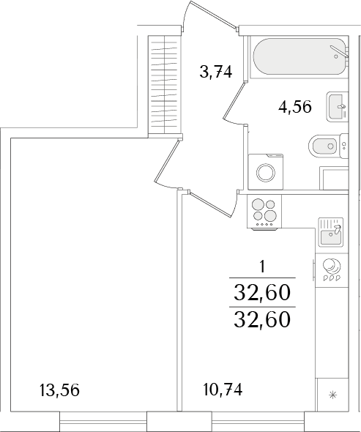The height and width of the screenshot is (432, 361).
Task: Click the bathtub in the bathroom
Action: pyautogui.click(x=299, y=56)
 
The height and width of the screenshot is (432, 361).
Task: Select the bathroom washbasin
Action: pyautogui.click(x=338, y=106)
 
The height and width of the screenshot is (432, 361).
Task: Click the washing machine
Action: pyautogui.click(x=265, y=172)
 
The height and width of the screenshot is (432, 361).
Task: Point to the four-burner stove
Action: pyautogui.click(x=264, y=212)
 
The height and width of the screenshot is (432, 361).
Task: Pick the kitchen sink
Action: pyautogui.click(x=331, y=231)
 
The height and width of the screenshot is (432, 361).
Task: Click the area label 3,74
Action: pyautogui.click(x=216, y=72)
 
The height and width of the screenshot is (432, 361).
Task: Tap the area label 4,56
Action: pyautogui.click(x=295, y=107)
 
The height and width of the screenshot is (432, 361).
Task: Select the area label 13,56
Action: pyautogui.click(x=59, y=390)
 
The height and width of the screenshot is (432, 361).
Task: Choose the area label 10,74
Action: pyautogui.click(x=223, y=390)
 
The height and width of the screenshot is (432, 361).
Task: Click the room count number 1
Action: pyautogui.click(x=262, y=267)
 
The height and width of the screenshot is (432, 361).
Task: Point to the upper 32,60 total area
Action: pyautogui.click(x=262, y=292)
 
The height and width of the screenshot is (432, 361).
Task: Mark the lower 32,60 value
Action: pyautogui.click(x=262, y=320)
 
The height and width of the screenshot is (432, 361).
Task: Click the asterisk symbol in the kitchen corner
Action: pyautogui.click(x=332, y=395)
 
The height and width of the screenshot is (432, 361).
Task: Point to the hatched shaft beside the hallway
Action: pyautogui.click(x=165, y=85)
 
